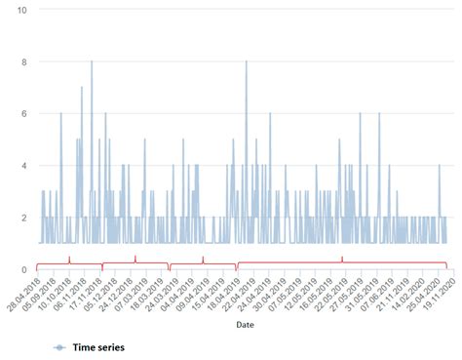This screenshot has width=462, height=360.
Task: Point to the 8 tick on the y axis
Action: click(x=23, y=61)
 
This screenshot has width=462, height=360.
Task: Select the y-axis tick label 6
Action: click(x=23, y=113)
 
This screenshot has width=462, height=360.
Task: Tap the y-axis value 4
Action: click(x=23, y=165)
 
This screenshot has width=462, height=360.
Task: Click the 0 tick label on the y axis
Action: click(x=23, y=269)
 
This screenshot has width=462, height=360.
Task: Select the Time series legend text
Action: click(x=99, y=346)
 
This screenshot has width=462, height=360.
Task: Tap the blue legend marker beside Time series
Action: click(x=58, y=346)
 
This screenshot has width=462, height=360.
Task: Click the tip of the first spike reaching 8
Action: click(x=92, y=61)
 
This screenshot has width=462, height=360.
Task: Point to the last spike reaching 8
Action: click(x=246, y=61)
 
